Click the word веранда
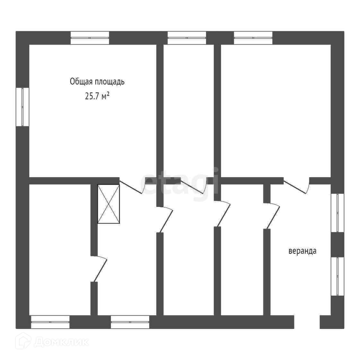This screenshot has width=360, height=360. [302, 251]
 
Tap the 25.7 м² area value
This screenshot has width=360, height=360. [97, 96]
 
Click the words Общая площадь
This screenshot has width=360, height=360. [97, 82]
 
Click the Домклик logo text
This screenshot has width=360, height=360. [61, 342]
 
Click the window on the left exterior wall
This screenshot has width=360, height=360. [22, 107]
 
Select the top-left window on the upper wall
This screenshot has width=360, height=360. [90, 38]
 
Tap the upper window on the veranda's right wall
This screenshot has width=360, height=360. [337, 212]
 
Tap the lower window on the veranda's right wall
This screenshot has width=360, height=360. [337, 276]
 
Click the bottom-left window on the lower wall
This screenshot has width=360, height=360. [50, 322]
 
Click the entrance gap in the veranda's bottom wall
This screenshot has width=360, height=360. [307, 322]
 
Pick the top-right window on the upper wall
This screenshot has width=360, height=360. [253, 38]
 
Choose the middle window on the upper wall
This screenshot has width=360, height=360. [187, 38]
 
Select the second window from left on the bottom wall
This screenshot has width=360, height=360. [130, 322]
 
